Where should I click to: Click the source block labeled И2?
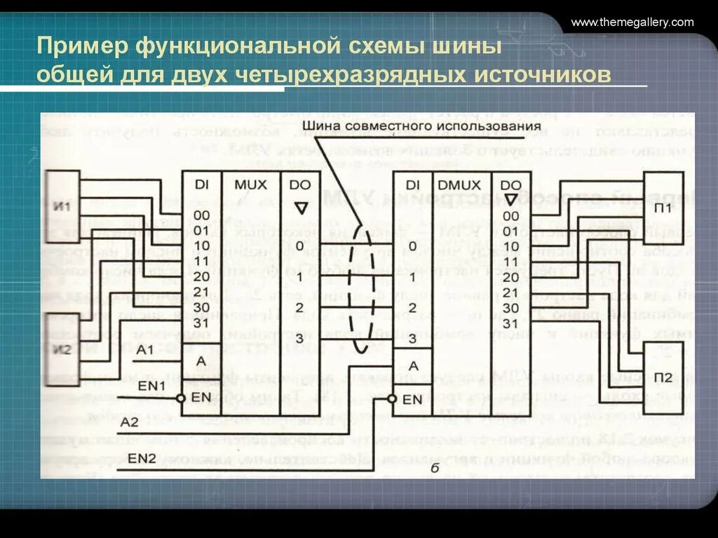click(62, 349)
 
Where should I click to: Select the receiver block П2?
click(663, 378)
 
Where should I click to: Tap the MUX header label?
click(250, 185)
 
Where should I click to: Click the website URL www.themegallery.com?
click(632, 22)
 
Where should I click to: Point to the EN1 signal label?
click(151, 386)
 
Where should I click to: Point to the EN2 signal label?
click(142, 458)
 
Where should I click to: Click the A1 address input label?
click(145, 349)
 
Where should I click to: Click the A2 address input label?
click(130, 422)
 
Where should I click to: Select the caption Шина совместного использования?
click(396, 126)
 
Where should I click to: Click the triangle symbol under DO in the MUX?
click(301, 208)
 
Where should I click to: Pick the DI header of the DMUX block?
click(412, 185)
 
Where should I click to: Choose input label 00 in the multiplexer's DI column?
click(202, 215)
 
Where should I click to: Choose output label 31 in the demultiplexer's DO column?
click(510, 323)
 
